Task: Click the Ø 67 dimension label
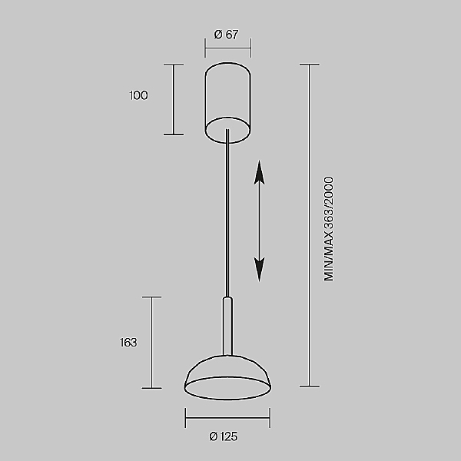tap(226, 35)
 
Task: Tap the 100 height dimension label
tap(139, 95)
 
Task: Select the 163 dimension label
tap(128, 343)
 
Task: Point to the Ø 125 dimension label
tap(223, 436)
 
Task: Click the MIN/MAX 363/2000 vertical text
tap(329, 229)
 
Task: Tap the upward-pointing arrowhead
tap(260, 173)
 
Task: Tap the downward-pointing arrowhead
tap(260, 270)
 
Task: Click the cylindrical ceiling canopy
tap(228, 103)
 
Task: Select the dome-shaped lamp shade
tap(227, 377)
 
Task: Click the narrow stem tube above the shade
tap(227, 327)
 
